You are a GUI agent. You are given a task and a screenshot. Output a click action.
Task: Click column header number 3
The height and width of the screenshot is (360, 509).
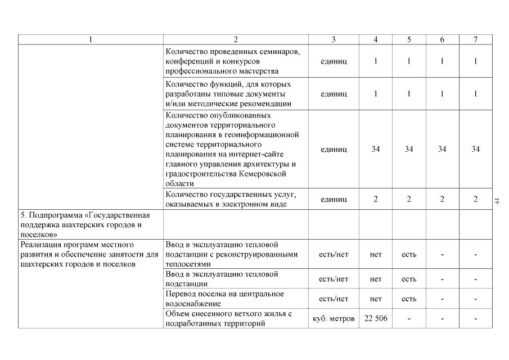(334, 39)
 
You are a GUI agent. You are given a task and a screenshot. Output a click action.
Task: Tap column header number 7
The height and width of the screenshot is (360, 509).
(476, 39)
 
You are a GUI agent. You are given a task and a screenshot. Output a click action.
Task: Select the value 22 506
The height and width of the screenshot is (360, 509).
(376, 319)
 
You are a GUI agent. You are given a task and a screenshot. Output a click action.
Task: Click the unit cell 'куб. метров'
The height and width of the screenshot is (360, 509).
(334, 319)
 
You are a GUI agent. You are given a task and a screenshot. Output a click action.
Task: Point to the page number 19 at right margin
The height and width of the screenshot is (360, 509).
(497, 199)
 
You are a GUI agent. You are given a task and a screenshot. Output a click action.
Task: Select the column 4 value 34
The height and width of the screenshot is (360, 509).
(376, 149)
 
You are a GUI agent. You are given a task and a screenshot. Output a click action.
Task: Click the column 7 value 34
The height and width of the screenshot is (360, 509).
(476, 149)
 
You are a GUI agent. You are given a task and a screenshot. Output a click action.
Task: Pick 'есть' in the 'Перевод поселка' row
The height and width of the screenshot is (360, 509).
(409, 299)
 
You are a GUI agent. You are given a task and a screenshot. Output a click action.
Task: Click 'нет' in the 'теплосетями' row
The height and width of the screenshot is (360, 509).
(376, 254)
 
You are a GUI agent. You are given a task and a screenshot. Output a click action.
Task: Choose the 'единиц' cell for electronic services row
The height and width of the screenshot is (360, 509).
(334, 199)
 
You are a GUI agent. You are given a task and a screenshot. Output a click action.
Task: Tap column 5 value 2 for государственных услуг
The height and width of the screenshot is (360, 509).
(409, 199)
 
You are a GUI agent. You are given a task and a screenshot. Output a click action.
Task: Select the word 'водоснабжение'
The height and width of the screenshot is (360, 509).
(192, 304)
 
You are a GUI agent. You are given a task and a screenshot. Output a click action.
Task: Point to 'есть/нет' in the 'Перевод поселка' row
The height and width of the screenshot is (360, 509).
(334, 299)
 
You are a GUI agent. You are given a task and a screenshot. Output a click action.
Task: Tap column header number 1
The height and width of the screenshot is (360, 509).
(91, 39)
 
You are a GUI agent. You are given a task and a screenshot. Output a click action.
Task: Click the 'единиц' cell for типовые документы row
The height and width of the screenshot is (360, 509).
(334, 93)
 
